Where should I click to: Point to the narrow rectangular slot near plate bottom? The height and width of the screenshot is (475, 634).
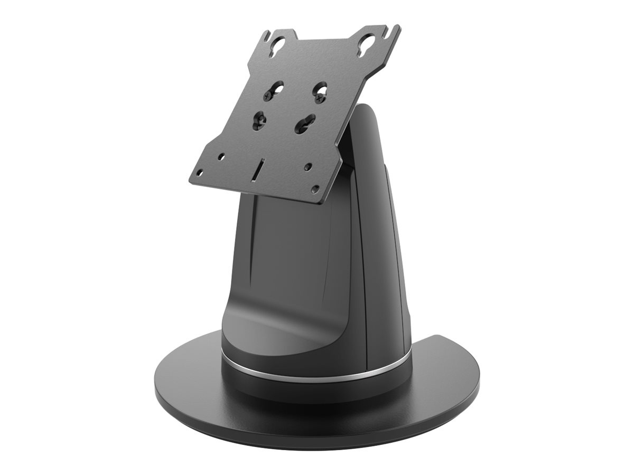point(258,168)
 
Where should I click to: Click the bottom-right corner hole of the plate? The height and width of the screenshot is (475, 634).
point(315,188)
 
